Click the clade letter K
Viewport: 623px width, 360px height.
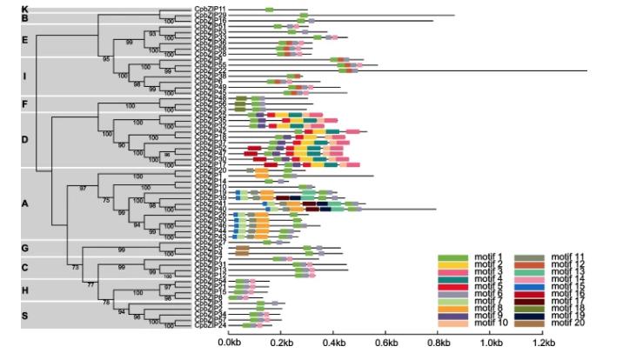(25, 9)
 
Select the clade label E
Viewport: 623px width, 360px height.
(25, 40)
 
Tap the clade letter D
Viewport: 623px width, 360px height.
(25, 140)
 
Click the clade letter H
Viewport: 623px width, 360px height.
(25, 290)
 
